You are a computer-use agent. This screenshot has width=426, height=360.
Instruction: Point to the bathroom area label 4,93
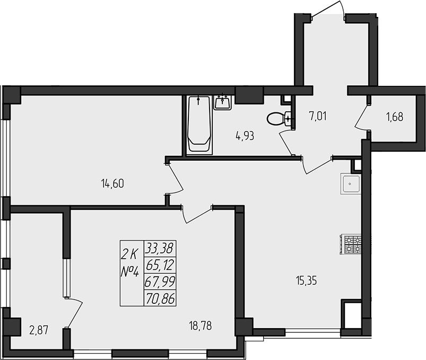click(x=245, y=136)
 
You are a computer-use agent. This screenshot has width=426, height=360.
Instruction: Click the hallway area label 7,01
click(x=318, y=115)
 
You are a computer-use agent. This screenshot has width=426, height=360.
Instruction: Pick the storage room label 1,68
click(x=394, y=117)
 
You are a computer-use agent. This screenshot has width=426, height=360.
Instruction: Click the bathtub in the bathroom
click(x=199, y=125)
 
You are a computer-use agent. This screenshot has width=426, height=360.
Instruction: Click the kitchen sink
click(x=351, y=185)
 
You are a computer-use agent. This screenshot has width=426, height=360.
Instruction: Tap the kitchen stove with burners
click(x=353, y=244)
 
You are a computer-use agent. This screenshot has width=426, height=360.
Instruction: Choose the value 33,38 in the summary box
click(x=160, y=248)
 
